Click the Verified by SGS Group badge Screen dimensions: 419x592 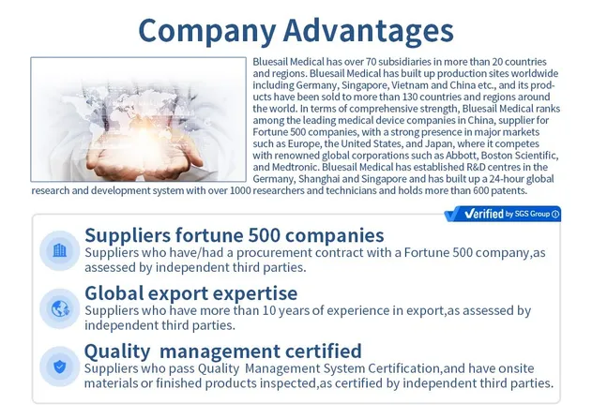(501, 214)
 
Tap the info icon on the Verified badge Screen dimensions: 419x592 (555, 214)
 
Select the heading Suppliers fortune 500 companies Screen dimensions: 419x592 (234, 234)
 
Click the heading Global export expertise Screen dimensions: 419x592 (190, 292)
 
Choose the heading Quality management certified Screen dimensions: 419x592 (222, 352)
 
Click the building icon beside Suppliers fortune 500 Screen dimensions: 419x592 (60, 250)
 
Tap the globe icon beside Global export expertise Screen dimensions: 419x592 (60, 307)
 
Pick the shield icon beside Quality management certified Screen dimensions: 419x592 (60, 367)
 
